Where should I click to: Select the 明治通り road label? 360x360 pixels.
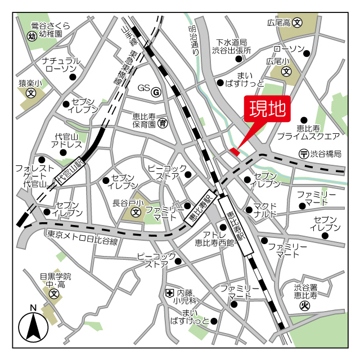pyautogui.click(x=194, y=39)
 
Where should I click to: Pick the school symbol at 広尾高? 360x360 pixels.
pyautogui.click(x=298, y=23)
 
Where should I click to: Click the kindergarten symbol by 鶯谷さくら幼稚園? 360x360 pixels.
pyautogui.click(x=31, y=36)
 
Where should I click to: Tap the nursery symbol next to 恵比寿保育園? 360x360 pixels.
pyautogui.click(x=162, y=123)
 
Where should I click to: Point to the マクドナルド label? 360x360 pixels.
pyautogui.click(x=265, y=210)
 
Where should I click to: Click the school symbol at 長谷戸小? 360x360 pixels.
pyautogui.click(x=136, y=213)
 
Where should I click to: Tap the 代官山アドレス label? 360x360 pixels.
pyautogui.click(x=67, y=141)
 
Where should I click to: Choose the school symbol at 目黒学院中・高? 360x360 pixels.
pyautogui.click(x=53, y=294)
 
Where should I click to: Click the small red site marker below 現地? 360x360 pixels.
pyautogui.click(x=235, y=151)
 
